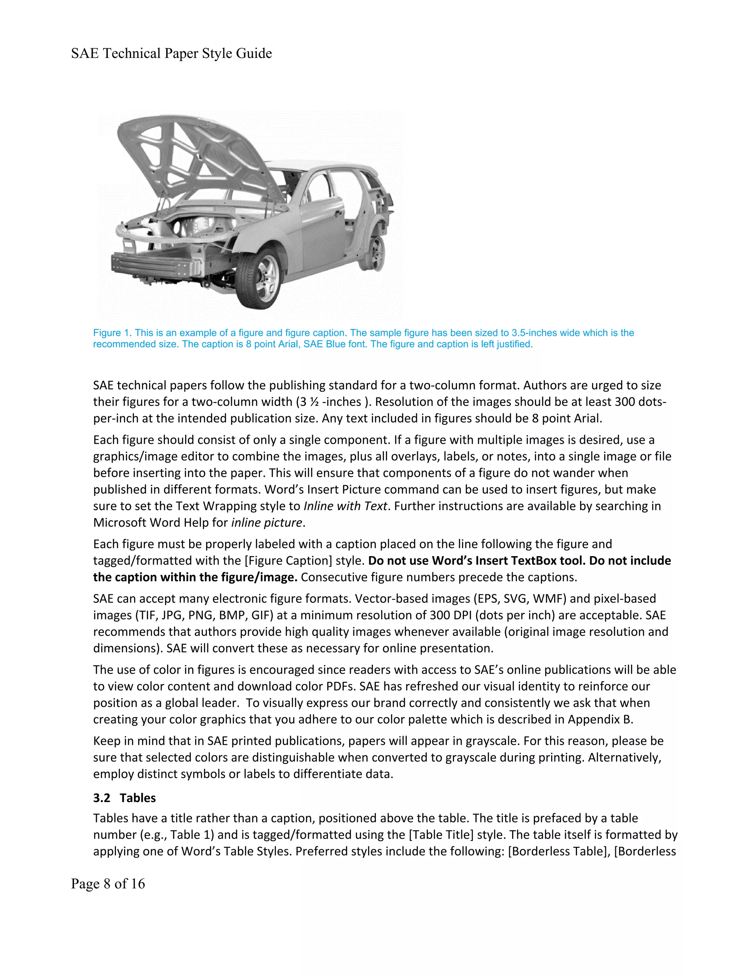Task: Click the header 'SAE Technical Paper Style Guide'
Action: (x=171, y=54)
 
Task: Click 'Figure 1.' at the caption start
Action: (x=112, y=333)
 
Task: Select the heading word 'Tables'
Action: (x=138, y=798)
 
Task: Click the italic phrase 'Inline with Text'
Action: (x=345, y=506)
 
